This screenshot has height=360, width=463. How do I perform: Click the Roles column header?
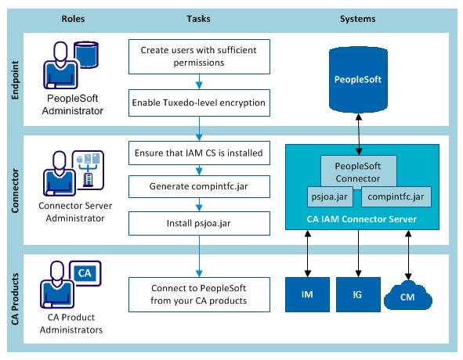click(x=73, y=19)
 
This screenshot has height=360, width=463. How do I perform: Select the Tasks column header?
click(x=198, y=19)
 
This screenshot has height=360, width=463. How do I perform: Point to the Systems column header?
click(x=357, y=19)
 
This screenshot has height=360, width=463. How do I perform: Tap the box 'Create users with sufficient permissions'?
click(x=199, y=56)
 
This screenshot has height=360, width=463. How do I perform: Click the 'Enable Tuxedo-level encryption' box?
click(x=199, y=103)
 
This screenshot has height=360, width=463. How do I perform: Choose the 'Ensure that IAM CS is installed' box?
click(x=199, y=153)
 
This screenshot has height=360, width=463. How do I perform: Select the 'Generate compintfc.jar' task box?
click(x=199, y=186)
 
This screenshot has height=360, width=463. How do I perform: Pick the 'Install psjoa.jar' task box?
click(x=199, y=223)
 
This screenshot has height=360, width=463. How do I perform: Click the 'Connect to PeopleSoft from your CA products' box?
click(x=199, y=294)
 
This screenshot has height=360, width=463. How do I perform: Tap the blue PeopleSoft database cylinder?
click(x=358, y=80)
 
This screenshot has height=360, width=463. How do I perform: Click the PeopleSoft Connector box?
click(x=359, y=171)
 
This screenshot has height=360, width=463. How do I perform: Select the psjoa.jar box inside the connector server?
click(x=330, y=196)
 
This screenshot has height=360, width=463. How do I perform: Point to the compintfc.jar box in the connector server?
click(x=396, y=196)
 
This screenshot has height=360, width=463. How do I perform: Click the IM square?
click(x=307, y=294)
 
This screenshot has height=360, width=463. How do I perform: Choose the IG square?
click(x=358, y=294)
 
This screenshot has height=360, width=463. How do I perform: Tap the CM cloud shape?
click(x=408, y=296)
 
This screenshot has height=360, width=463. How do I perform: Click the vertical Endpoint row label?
click(x=15, y=80)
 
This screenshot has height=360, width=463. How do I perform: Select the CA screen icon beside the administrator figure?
click(x=85, y=274)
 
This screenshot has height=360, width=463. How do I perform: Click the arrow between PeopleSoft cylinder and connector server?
click(x=359, y=135)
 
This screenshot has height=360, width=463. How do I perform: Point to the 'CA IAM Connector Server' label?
click(x=362, y=219)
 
